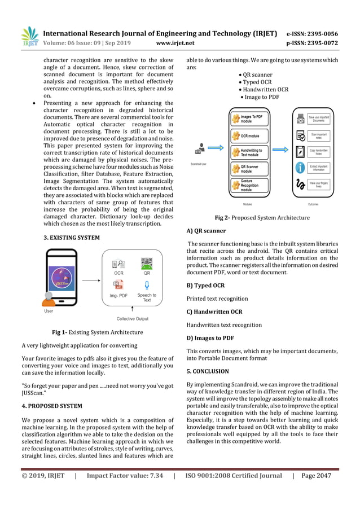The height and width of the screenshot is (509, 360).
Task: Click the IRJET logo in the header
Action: tap(29, 36)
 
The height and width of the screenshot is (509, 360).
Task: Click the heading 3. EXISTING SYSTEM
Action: tap(72, 238)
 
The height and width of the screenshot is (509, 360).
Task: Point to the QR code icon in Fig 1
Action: tap(147, 264)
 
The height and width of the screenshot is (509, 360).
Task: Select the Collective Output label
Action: tap(133, 319)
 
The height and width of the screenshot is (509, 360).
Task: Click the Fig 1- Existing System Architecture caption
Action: tap(97, 332)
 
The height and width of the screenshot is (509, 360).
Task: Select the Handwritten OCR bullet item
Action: tap(264, 89)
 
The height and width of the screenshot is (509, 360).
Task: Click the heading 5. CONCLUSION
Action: tap(207, 371)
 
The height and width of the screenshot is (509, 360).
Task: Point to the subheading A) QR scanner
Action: tap(205, 230)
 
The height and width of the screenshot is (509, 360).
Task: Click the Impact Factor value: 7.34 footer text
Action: tap(125, 476)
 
